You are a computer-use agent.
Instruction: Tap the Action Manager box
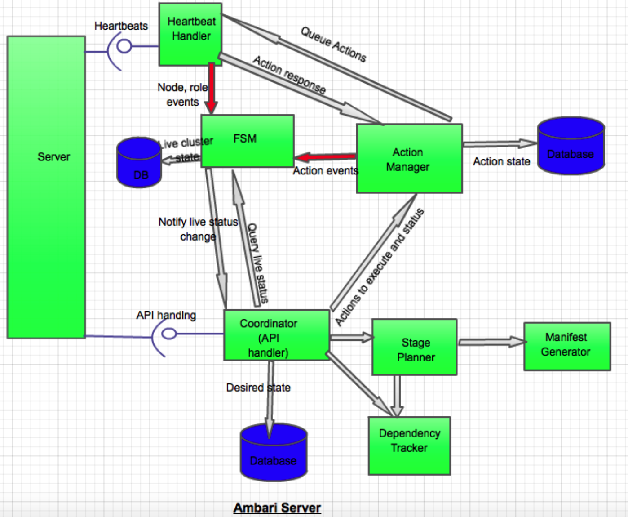[409, 159]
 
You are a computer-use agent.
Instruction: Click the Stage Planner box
[414, 347]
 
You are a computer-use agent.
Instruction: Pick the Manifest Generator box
[567, 346]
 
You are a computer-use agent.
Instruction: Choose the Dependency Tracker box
[409, 446]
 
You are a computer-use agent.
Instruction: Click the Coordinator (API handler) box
[277, 335]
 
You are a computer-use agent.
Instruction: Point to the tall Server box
[46, 187]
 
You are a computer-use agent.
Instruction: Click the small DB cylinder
[139, 164]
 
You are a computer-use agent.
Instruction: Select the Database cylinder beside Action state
[571, 146]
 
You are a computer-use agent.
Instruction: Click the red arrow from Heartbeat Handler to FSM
[211, 88]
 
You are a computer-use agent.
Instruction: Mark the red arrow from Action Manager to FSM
[325, 157]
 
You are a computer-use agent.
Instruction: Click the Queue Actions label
[333, 44]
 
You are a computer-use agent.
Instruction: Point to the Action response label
[289, 74]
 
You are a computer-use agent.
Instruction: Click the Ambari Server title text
[277, 508]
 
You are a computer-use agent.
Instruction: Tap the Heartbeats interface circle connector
[124, 46]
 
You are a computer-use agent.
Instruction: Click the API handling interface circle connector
[169, 334]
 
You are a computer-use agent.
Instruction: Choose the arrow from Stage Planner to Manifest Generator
[491, 342]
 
